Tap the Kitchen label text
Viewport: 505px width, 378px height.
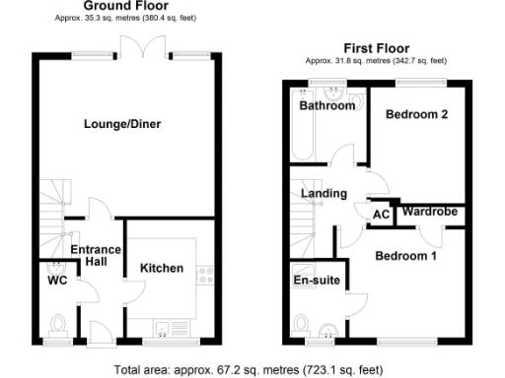[161, 268]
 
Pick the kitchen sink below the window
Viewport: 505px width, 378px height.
[163, 327]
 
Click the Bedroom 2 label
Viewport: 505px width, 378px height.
[416, 115]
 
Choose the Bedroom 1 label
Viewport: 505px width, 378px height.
[405, 257]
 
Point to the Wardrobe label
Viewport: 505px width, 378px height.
[428, 210]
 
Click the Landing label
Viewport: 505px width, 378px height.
[323, 194]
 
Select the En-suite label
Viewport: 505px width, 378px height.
[318, 281]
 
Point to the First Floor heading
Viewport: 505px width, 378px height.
[377, 47]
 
